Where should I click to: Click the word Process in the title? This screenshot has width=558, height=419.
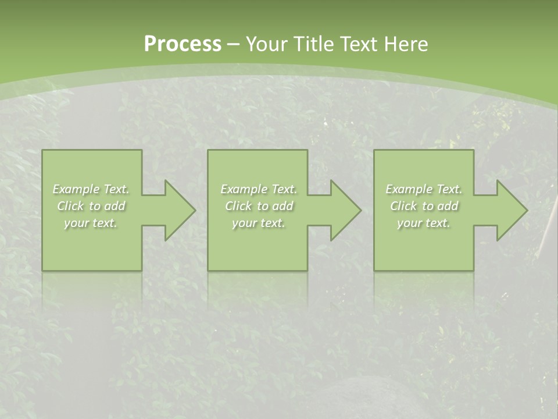click(183, 44)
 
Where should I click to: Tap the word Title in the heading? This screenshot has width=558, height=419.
click(313, 44)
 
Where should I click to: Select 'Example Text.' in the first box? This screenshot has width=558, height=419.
click(91, 189)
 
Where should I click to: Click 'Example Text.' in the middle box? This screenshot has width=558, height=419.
click(259, 189)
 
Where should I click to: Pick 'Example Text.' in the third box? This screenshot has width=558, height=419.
click(424, 189)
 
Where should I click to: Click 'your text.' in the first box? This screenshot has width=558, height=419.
click(91, 223)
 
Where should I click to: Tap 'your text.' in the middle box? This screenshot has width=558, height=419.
click(259, 223)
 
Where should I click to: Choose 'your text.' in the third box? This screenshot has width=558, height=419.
click(424, 223)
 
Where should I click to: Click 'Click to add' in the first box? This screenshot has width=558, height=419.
click(91, 206)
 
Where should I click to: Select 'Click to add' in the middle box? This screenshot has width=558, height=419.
click(259, 206)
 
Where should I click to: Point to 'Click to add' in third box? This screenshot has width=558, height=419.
click(424, 206)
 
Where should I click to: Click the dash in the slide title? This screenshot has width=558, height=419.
click(234, 44)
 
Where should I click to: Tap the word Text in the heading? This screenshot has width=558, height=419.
click(358, 44)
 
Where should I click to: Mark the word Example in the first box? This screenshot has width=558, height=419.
click(76, 189)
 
